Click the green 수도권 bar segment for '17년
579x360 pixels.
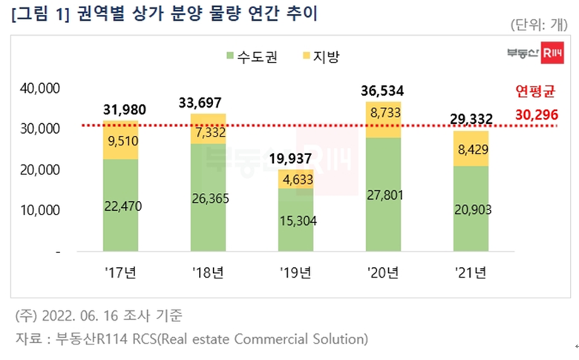point(120,206)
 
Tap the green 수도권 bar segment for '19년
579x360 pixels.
point(295,220)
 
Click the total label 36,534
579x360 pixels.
point(383,91)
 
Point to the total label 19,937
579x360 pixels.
point(295,159)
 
